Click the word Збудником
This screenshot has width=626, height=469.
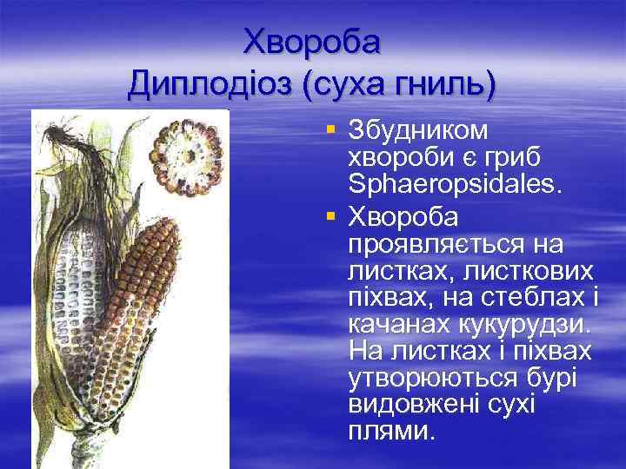tap(418, 130)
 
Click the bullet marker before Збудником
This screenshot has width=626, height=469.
tap(330, 129)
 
